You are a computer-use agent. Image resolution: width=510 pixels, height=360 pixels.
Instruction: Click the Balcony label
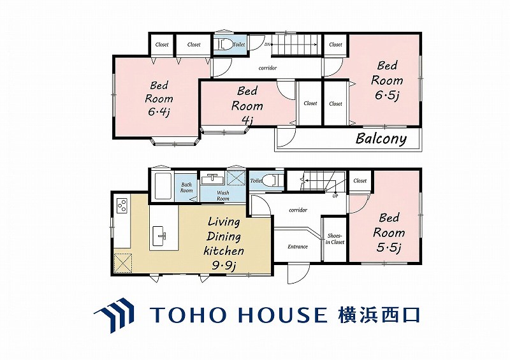click(381, 139)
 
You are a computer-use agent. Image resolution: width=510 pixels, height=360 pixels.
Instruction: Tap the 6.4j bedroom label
click(159, 99)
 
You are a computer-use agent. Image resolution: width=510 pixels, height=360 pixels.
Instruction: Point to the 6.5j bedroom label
click(387, 81)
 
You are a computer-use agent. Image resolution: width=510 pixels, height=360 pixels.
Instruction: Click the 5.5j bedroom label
click(389, 233)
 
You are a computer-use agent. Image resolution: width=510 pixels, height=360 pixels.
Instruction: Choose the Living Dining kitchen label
click(224, 244)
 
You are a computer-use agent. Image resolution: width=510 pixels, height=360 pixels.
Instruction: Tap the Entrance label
click(298, 247)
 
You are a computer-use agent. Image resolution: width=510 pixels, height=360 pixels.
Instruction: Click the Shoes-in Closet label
click(335, 239)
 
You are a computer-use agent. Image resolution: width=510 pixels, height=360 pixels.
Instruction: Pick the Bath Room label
click(186, 187)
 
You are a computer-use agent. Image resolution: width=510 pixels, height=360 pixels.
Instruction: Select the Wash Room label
click(222, 196)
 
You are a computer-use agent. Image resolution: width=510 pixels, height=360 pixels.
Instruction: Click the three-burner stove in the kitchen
click(122, 206)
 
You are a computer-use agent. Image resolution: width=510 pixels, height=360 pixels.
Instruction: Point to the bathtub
click(163, 186)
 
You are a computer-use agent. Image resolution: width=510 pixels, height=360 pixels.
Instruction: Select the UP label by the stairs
click(335, 196)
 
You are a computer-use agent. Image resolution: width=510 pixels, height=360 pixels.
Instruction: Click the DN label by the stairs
click(267, 45)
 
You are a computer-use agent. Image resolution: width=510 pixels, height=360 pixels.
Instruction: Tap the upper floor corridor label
click(267, 68)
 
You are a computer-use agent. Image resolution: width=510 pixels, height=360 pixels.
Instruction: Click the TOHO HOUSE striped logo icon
click(115, 315)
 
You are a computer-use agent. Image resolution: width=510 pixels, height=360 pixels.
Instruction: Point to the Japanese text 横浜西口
click(379, 315)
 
